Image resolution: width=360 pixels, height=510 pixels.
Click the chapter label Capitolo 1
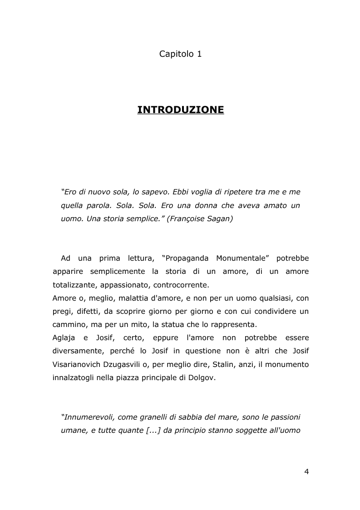[x=180, y=54]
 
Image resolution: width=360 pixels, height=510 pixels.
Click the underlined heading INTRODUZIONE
[x=180, y=110]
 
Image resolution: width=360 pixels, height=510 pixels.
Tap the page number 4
[x=306, y=471]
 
